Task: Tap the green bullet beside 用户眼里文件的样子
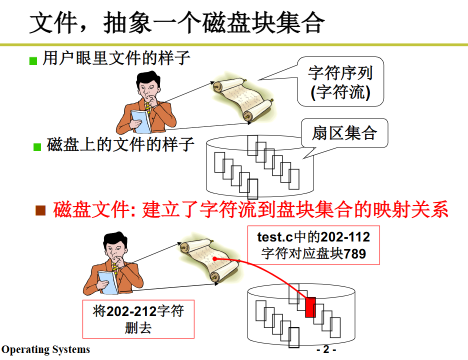click(x=33, y=61)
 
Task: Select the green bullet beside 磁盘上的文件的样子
click(x=37, y=147)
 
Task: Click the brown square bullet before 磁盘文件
click(x=40, y=210)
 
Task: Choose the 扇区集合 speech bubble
click(x=344, y=133)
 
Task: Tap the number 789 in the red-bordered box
click(x=355, y=254)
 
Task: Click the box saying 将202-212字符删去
click(x=138, y=319)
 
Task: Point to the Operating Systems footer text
click(x=46, y=349)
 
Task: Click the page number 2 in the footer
click(x=326, y=349)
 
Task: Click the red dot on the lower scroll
click(x=214, y=258)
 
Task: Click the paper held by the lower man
click(x=107, y=280)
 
